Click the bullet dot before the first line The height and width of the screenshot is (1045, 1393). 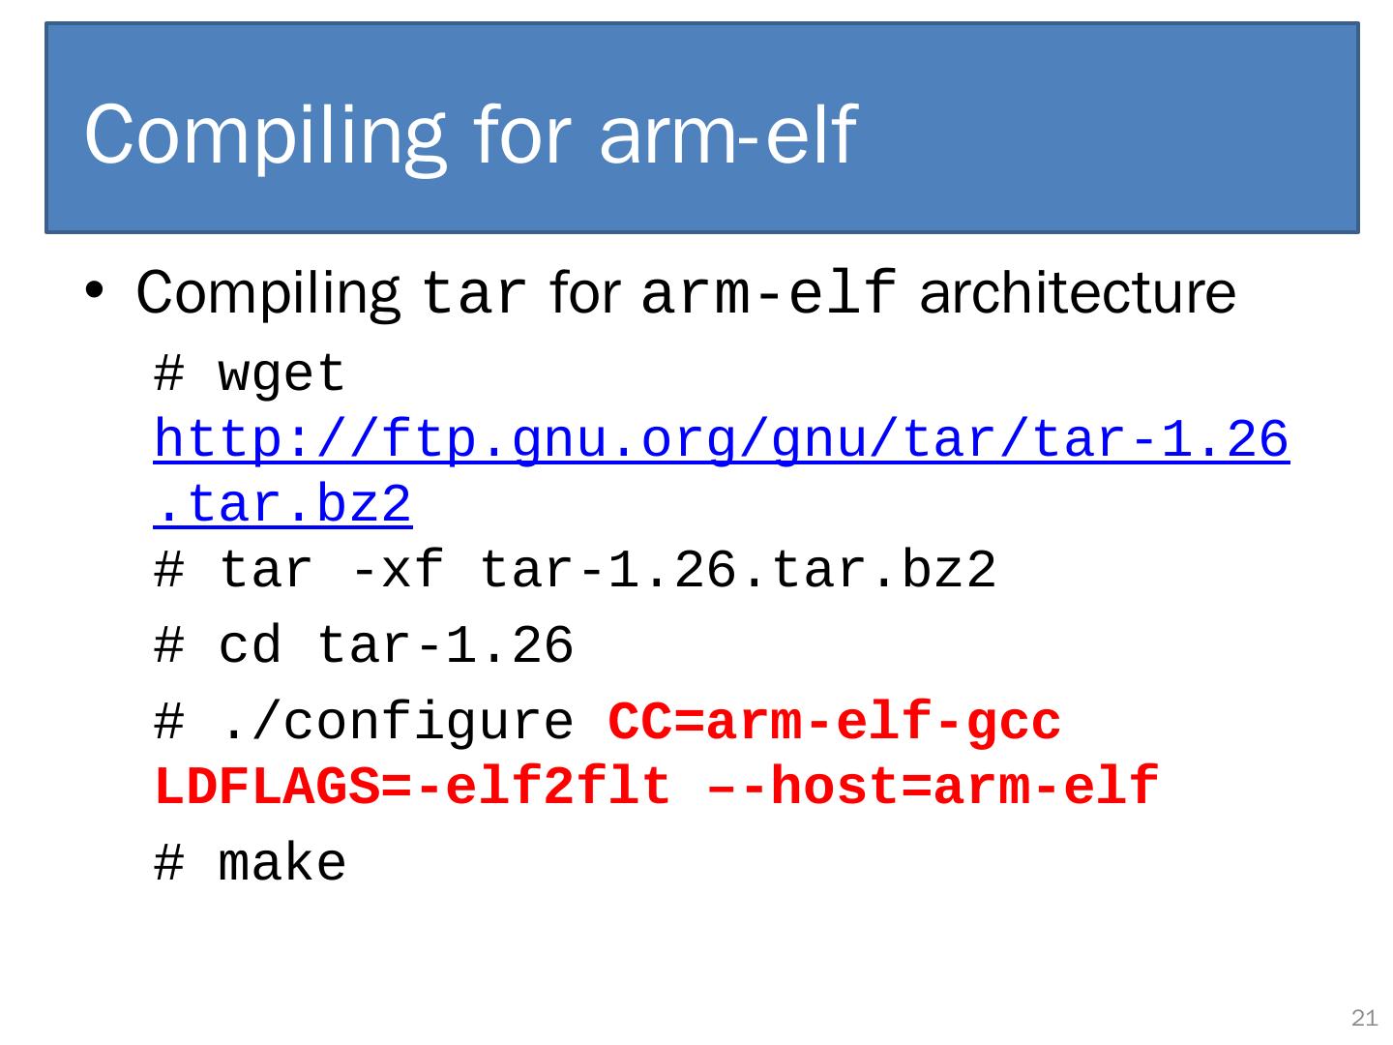point(94,291)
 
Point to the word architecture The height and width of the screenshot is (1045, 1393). point(1078,293)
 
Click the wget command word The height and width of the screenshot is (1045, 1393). point(282,374)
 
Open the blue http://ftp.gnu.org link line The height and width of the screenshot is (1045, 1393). point(721,441)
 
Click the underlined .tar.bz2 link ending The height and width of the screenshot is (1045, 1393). point(282,505)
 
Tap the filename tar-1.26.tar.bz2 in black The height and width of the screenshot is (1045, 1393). point(737,570)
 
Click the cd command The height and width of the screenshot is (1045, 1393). point(250,645)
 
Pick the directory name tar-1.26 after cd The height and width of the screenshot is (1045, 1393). point(445,645)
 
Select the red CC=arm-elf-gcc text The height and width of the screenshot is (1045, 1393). point(834,722)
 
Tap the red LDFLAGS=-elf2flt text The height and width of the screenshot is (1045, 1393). point(413,787)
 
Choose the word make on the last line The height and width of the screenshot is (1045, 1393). point(282,863)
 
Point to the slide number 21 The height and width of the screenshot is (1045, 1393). point(1364,1017)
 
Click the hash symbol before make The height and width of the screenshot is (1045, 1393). point(168,863)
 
